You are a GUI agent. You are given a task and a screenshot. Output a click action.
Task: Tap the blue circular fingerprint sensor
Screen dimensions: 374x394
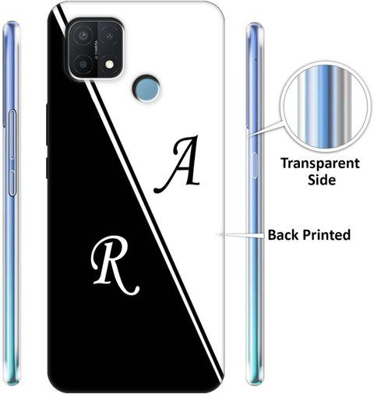[x=146, y=88]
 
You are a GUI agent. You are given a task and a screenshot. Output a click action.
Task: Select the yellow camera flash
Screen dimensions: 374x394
[x=110, y=65]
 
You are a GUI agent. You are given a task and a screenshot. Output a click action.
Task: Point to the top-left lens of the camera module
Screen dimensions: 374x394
[x=83, y=35]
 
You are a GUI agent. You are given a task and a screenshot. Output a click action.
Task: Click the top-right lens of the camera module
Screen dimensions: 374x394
[x=109, y=35]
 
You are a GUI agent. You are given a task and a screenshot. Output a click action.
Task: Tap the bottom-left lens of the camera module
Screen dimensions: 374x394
[x=83, y=64]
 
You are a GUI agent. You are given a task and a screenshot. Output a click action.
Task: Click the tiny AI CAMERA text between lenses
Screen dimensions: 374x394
[x=97, y=50]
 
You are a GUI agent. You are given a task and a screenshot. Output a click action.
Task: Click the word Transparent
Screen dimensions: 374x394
[x=320, y=164]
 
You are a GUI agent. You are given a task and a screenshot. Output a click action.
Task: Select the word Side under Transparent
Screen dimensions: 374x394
[x=322, y=180]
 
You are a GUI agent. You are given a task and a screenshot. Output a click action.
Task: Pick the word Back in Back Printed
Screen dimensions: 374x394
[x=284, y=234]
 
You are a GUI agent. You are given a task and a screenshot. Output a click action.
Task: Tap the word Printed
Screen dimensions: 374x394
[x=326, y=235]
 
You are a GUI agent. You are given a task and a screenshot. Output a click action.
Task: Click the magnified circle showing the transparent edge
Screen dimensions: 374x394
[x=325, y=107]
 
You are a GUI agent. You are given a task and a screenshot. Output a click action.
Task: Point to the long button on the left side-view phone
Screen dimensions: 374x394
[x=12, y=134]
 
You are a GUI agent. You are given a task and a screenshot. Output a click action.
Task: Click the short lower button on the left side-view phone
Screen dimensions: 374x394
[x=12, y=182]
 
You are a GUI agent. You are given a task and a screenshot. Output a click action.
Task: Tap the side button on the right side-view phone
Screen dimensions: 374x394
[x=254, y=165]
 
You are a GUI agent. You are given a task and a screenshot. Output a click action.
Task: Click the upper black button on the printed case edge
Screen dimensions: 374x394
[x=47, y=124]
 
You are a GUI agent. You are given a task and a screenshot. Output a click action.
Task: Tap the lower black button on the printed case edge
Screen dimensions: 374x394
[x=47, y=168]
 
